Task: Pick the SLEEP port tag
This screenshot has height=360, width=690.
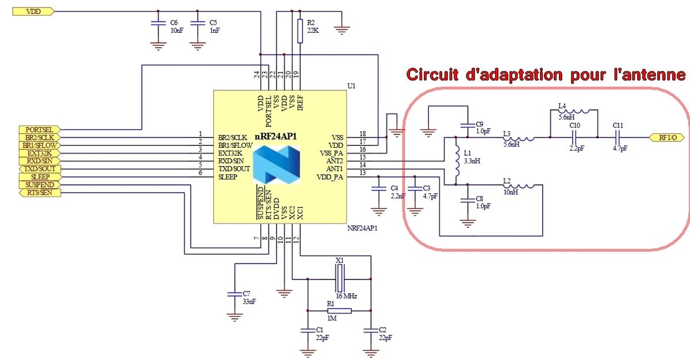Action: point(39,177)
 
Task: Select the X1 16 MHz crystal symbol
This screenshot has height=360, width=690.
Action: point(339,280)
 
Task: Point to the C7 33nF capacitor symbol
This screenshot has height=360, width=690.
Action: point(233,294)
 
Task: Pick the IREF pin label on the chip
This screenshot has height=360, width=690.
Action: point(299,103)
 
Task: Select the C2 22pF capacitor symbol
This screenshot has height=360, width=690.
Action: point(371,330)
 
